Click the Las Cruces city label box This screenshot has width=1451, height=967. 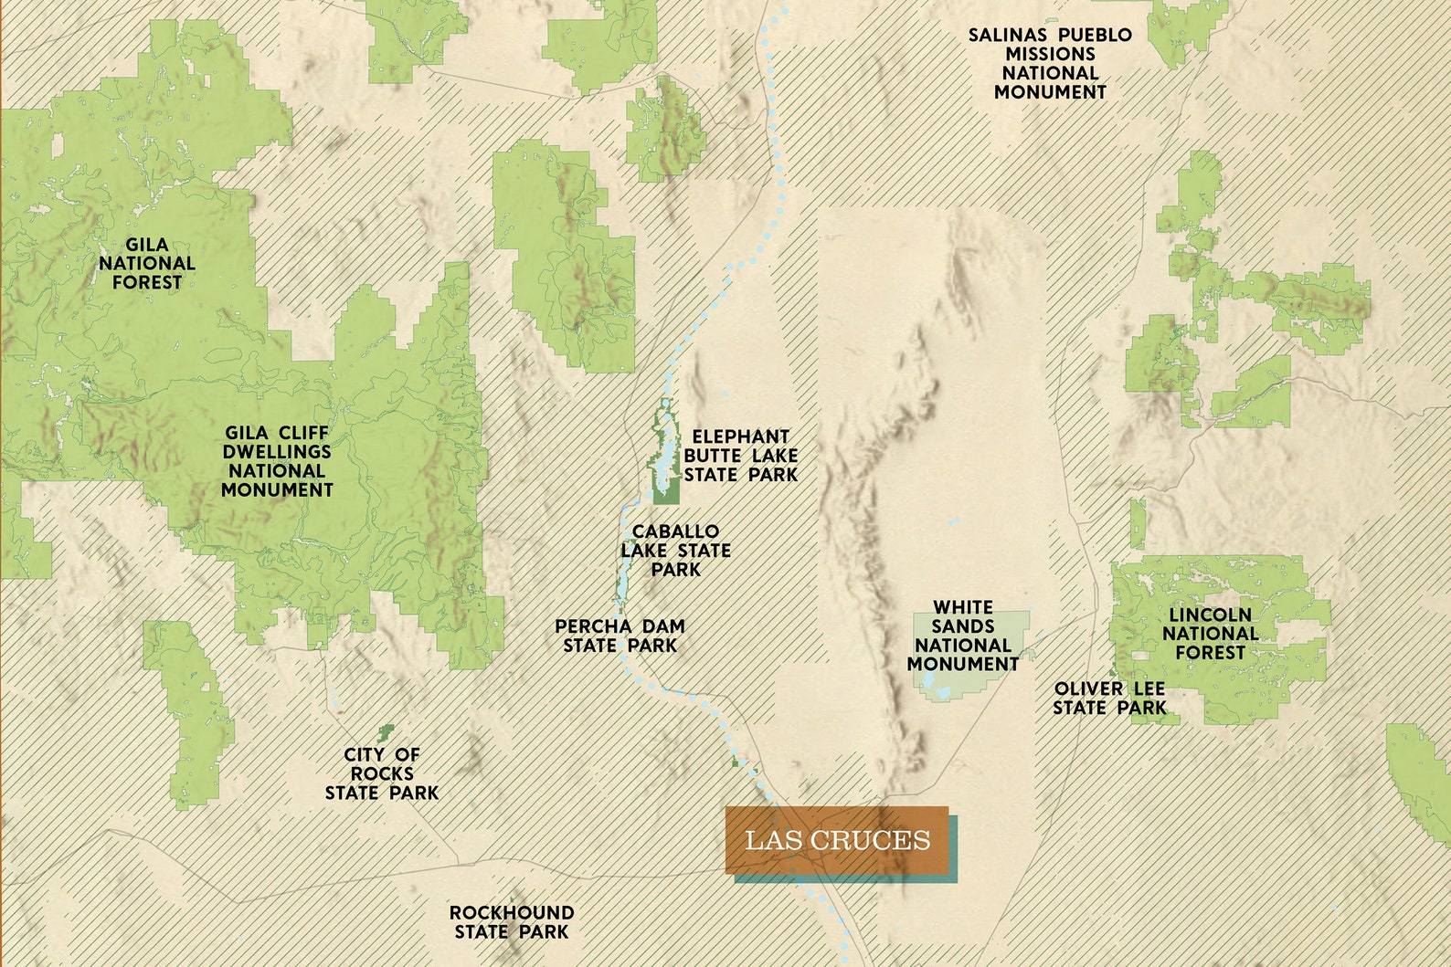(x=838, y=840)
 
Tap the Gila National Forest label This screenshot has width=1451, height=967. (x=147, y=264)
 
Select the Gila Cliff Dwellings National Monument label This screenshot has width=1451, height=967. (x=277, y=461)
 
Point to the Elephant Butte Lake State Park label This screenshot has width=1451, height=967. (x=740, y=456)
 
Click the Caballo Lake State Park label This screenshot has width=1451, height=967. (x=676, y=551)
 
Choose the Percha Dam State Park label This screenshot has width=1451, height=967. (x=620, y=636)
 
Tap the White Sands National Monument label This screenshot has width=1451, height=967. (x=963, y=636)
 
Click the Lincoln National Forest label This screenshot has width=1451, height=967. (x=1210, y=634)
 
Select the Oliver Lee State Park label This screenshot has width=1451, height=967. (x=1109, y=699)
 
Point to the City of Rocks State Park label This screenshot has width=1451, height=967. (x=382, y=773)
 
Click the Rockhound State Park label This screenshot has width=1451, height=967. (x=512, y=922)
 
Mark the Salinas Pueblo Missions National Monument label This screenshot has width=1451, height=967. (x=1050, y=64)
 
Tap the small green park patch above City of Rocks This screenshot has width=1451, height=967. (x=386, y=731)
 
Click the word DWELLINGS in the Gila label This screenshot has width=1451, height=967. (x=277, y=452)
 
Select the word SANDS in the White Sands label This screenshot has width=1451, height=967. (x=963, y=626)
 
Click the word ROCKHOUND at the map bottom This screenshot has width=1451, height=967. (x=512, y=912)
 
